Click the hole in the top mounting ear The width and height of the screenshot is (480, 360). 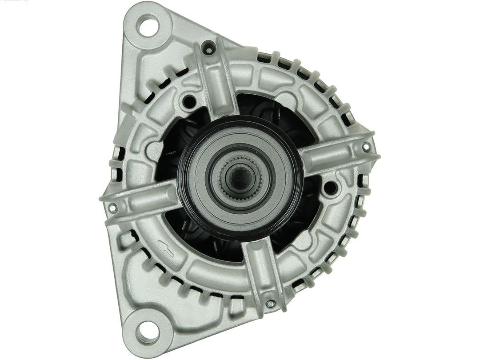pos(148,25)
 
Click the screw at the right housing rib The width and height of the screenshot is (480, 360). pos(366,146)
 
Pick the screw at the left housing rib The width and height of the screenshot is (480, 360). pos(113,207)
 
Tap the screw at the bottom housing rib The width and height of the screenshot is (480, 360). pos(270,304)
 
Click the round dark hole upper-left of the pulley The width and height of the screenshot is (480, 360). pos(189,102)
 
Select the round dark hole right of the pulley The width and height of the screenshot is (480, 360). pos(330,188)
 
